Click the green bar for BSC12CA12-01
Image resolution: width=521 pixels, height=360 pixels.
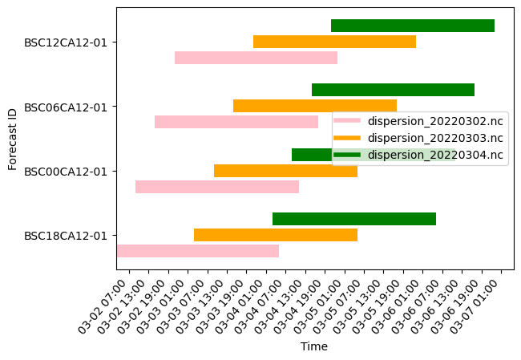coord(413,26)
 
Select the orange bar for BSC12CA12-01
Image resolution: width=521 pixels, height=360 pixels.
coord(334,42)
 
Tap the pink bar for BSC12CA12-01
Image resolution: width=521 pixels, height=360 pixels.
coord(256,58)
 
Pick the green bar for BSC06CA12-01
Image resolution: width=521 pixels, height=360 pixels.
coord(393,90)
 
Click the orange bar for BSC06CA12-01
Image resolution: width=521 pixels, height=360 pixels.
coord(315,106)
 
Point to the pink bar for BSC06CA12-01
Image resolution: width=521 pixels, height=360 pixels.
coord(236,122)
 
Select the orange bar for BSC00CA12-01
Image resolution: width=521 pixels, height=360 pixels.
coord(285,171)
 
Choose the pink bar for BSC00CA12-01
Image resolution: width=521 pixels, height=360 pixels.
coord(217,187)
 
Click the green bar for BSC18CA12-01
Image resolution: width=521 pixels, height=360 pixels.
coord(354,219)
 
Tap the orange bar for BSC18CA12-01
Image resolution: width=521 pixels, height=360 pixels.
coord(276,235)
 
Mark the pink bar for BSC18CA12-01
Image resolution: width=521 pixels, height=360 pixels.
coord(198,251)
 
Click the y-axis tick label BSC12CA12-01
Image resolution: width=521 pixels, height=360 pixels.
coord(66,42)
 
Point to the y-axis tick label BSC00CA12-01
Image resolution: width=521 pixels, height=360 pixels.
coord(66,171)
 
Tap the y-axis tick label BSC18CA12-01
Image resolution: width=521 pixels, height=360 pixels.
coord(66,236)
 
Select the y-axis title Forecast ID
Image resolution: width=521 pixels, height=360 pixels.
coord(12,138)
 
